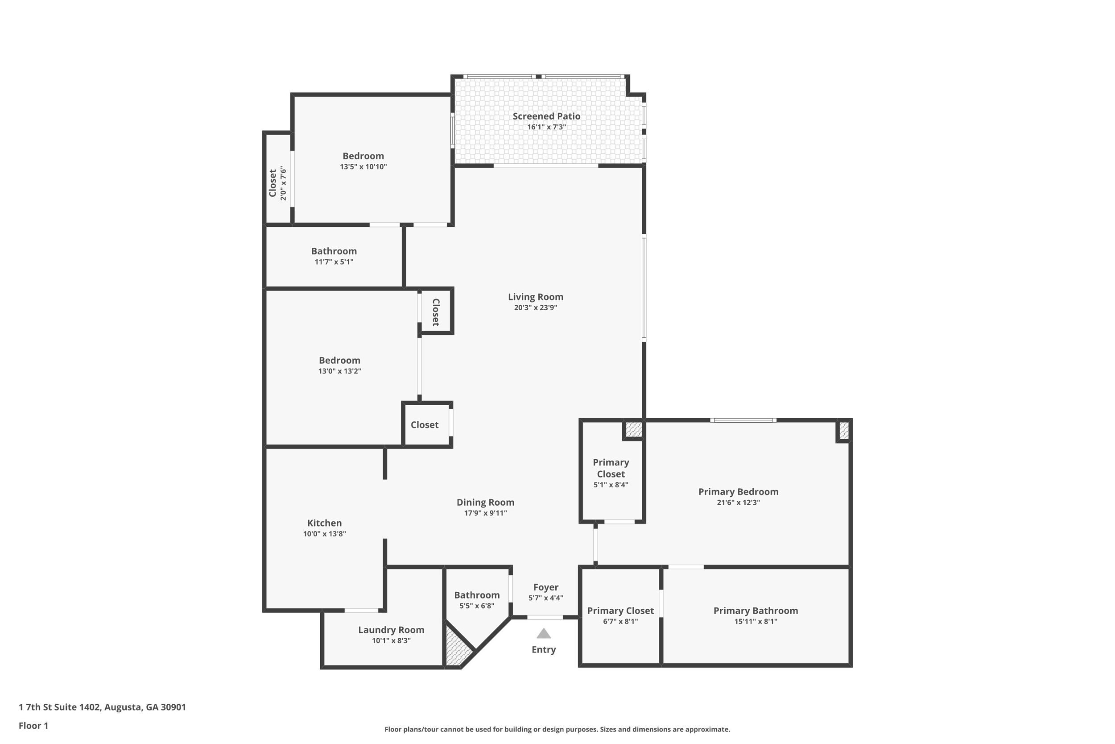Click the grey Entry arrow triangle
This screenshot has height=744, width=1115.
(543, 633)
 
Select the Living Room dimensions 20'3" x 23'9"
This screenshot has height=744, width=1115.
(535, 308)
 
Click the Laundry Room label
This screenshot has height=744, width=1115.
(391, 630)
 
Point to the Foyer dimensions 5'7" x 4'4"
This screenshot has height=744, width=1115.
(545, 598)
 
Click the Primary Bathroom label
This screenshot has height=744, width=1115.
(755, 611)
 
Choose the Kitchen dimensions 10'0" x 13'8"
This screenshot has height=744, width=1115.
(324, 534)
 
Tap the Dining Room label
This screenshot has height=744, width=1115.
(485, 502)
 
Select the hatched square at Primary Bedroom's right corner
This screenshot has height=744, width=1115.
(844, 430)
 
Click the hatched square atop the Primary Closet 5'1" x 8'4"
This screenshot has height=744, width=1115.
(633, 430)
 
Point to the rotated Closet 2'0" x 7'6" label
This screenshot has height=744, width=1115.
(273, 183)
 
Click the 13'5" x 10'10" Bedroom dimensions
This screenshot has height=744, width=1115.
(363, 166)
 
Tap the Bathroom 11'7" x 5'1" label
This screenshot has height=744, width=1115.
(334, 251)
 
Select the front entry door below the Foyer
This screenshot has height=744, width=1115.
(545, 617)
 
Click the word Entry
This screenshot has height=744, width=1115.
(543, 649)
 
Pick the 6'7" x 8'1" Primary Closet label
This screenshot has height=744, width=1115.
(620, 611)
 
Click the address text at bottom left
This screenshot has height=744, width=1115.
(103, 707)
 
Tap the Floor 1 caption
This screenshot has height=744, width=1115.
(33, 726)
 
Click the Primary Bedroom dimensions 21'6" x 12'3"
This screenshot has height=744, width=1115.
(738, 503)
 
